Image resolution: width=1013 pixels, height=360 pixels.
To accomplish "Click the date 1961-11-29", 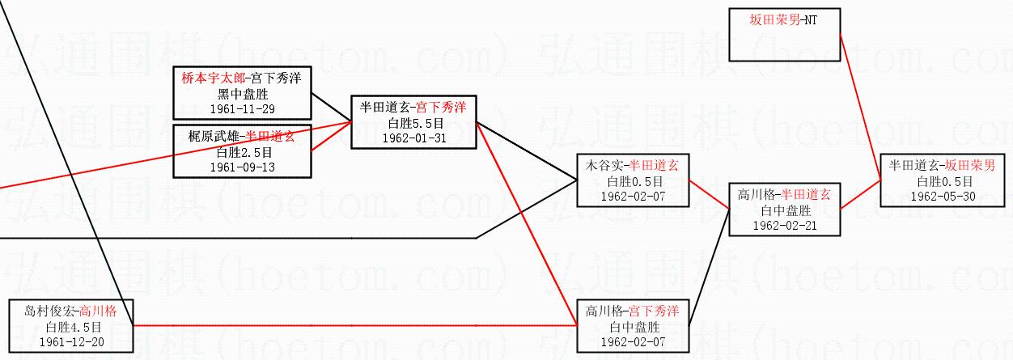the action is pos(242,108).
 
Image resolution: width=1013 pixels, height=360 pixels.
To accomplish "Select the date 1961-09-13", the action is pos(242,167).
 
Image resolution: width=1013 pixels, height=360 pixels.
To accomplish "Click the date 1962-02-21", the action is pos(784,225).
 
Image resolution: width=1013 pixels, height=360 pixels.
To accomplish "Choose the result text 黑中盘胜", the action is pos(242,94).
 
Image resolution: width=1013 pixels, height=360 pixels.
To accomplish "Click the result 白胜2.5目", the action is pos(242,152).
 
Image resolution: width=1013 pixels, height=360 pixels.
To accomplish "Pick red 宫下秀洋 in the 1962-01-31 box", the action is pos(441,107).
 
